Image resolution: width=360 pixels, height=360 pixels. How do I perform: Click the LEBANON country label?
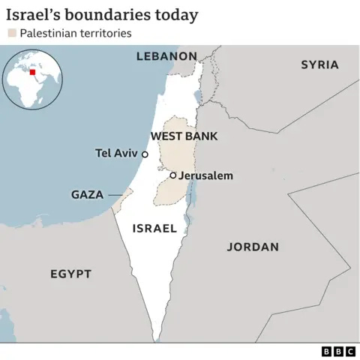pos(166,56)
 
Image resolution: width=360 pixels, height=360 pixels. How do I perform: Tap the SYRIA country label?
pos(319,64)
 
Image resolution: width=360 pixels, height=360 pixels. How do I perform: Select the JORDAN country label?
pos(253,247)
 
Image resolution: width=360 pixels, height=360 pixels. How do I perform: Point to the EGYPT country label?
pos(70,274)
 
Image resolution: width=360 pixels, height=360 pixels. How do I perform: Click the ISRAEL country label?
pos(154,228)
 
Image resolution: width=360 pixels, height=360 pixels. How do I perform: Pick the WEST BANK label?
pos(184,136)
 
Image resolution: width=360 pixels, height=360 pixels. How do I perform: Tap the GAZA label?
pos(87,195)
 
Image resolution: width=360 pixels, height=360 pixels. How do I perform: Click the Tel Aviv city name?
pos(116,153)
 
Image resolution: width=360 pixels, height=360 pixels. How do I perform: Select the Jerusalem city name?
pos(206,175)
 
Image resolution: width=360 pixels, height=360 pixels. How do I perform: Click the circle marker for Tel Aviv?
pos(145,153)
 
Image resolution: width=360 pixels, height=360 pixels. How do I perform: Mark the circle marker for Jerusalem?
pos(172,175)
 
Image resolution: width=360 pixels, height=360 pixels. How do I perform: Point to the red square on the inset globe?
pos(31,73)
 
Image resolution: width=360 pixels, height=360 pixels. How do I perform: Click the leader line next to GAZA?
pos(115,195)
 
